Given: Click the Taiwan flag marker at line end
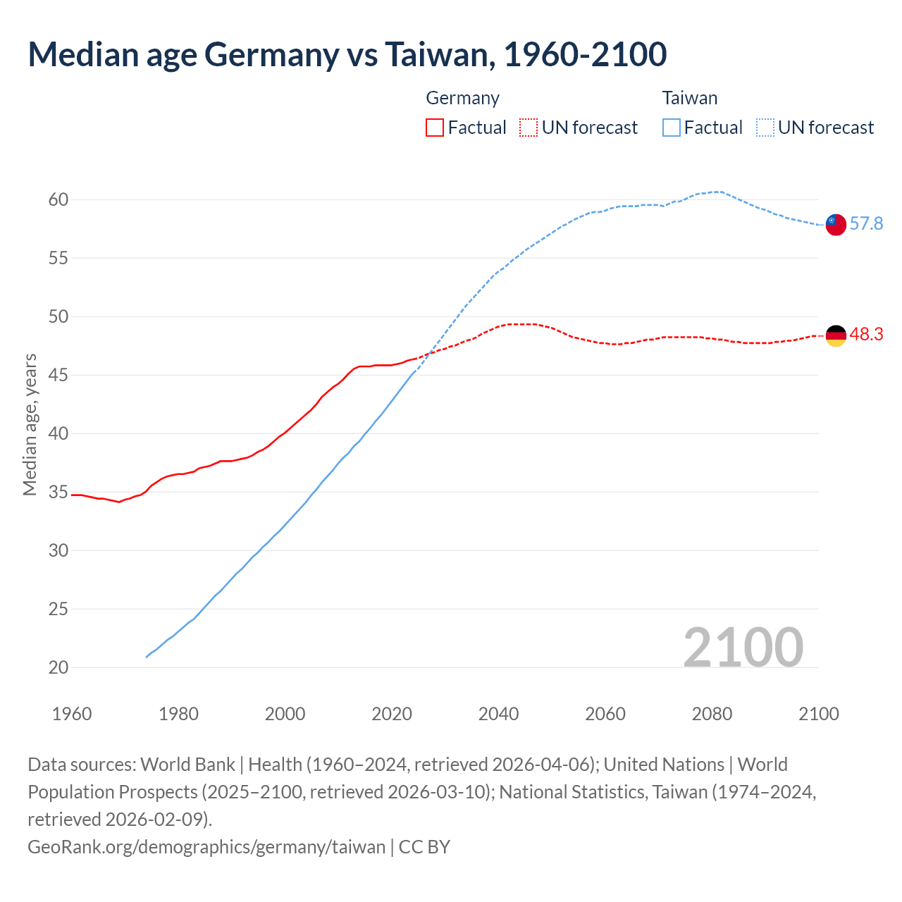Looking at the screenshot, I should (835, 225).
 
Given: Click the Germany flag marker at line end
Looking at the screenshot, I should (835, 336).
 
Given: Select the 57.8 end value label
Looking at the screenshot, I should (866, 224).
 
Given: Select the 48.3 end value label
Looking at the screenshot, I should (866, 335).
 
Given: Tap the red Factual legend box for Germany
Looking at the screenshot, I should (435, 128).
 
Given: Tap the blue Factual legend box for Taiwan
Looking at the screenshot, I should (671, 128).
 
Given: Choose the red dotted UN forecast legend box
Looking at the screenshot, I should (529, 128).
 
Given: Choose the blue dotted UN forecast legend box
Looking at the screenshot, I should (765, 128).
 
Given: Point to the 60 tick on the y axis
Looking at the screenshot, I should (58, 200).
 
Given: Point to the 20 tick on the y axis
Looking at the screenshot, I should (58, 667).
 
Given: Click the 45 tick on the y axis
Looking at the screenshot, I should (58, 376).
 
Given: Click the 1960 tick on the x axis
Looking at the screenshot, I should (72, 714).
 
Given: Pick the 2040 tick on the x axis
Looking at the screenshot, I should (498, 714).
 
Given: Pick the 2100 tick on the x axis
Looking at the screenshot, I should (818, 714).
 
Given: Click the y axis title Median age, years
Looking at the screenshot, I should (30, 425).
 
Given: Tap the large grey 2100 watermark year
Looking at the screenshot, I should (743, 648).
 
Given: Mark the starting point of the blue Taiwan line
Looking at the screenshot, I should (147, 657).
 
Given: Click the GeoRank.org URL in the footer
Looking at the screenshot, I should (206, 846).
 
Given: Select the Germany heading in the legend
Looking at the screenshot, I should (462, 98).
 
